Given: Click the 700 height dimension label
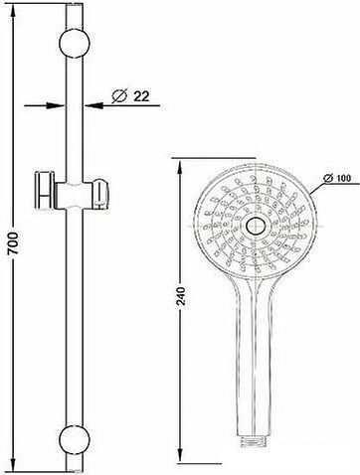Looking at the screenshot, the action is point(13,243).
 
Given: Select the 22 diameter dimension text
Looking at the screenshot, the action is point(141,96).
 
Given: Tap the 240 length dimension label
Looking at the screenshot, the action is point(181,297).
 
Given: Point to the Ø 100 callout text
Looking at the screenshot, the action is point(337,178).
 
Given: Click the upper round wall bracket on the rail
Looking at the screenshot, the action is point(75,44).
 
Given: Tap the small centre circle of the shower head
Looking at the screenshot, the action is point(256,226).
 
